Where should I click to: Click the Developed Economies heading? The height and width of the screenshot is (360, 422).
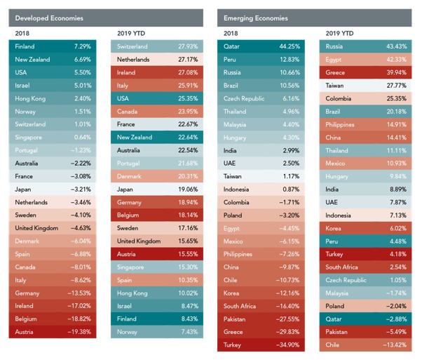click(43, 17)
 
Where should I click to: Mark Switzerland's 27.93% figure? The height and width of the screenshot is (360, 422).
click(186, 46)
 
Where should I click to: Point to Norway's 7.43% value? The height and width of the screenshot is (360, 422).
click(188, 332)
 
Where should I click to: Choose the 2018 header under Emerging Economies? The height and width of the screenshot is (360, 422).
click(231, 33)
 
